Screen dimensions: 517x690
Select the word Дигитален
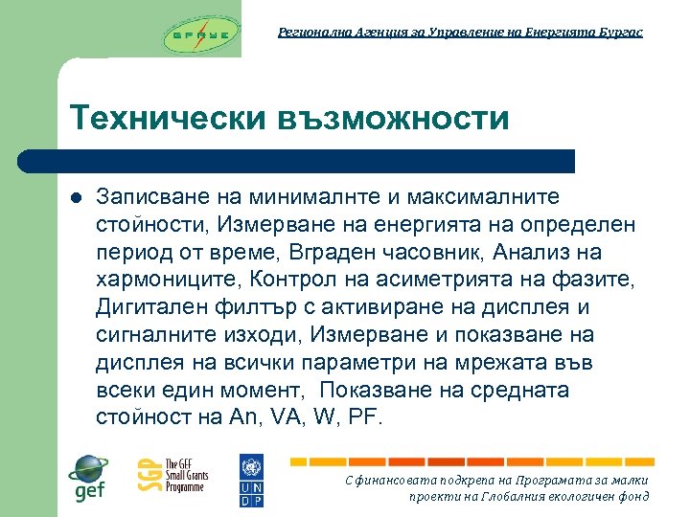click(x=144, y=307)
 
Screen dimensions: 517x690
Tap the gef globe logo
click(x=88, y=477)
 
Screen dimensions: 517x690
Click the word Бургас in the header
click(x=620, y=33)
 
